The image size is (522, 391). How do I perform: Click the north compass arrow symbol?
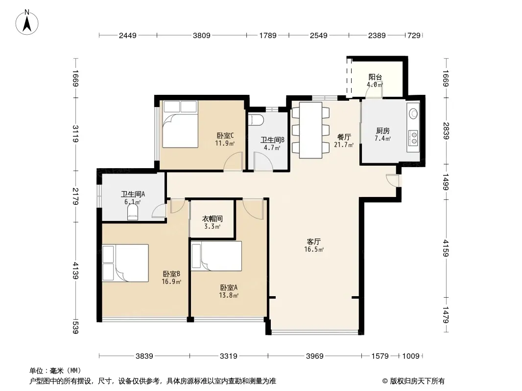[x=27, y=22]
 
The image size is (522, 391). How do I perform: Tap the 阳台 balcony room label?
[x=375, y=77]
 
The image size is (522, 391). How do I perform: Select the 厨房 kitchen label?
[x=383, y=131]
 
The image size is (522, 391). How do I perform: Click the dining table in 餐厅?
[x=310, y=130]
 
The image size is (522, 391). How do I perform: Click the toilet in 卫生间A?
[x=133, y=212]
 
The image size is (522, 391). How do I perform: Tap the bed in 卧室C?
[x=180, y=124]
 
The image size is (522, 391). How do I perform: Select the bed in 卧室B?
[x=125, y=263]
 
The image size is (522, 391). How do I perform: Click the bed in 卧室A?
[x=216, y=256]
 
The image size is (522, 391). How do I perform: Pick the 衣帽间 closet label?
[x=213, y=219]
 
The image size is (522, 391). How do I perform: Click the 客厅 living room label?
[x=313, y=241]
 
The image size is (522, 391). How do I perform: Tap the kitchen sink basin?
[x=413, y=113]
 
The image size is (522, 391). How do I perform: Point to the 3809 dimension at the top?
[x=201, y=35]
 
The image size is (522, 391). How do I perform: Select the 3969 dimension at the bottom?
[x=314, y=356]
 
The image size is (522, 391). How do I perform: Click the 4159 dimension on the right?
[x=446, y=248]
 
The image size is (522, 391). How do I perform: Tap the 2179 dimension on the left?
[x=76, y=196]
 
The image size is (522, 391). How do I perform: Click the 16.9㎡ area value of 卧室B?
[x=171, y=282]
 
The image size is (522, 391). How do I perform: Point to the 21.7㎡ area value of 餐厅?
[x=344, y=145]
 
